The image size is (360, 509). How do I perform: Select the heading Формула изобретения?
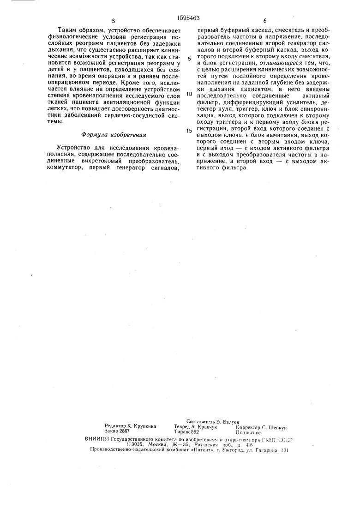(114, 135)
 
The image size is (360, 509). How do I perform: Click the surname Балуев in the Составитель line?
(230, 422)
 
